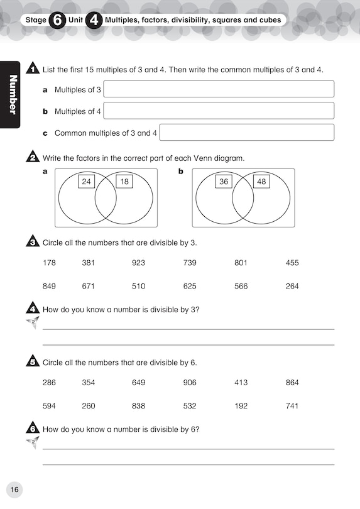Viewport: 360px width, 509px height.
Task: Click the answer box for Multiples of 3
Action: pyautogui.click(x=219, y=89)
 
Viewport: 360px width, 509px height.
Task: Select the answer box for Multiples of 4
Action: pyautogui.click(x=219, y=111)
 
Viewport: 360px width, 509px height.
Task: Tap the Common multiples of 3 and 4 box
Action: pyautogui.click(x=247, y=132)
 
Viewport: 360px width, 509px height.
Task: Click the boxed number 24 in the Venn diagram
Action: pyautogui.click(x=87, y=182)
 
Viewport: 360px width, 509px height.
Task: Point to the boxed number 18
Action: pyautogui.click(x=124, y=182)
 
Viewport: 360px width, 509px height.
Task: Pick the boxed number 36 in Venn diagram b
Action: pyautogui.click(x=224, y=182)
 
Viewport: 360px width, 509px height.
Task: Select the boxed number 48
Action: pyautogui.click(x=261, y=182)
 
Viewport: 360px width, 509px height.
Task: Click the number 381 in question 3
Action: pyautogui.click(x=89, y=263)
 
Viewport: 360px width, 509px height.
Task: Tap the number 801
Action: pyautogui.click(x=241, y=263)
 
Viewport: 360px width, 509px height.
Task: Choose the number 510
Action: pyautogui.click(x=138, y=286)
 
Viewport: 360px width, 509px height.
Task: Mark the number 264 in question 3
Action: pyautogui.click(x=292, y=286)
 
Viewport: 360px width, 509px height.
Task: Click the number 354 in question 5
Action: pyautogui.click(x=89, y=382)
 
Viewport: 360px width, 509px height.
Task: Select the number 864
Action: pyautogui.click(x=292, y=382)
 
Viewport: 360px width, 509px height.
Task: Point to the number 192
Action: pyautogui.click(x=241, y=406)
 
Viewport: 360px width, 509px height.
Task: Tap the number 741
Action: pyautogui.click(x=292, y=406)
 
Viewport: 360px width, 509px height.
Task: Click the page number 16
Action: pyautogui.click(x=14, y=490)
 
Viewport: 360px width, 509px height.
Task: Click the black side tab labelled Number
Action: pyautogui.click(x=11, y=94)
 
